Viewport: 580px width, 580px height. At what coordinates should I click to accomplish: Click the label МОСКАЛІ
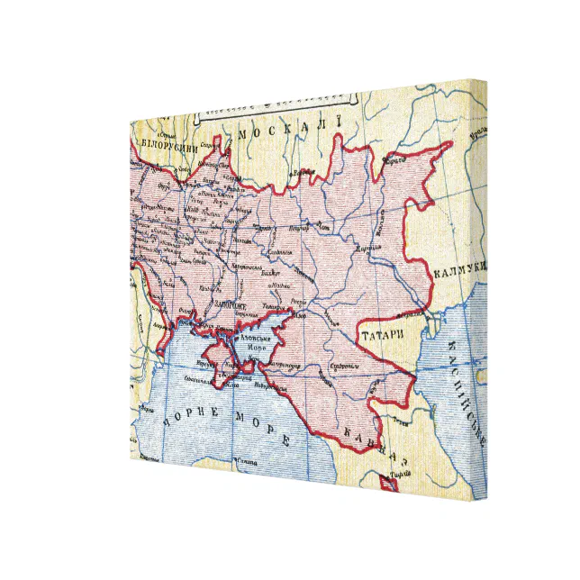tap(286, 127)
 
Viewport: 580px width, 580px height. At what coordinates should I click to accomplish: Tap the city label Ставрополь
tap(341, 367)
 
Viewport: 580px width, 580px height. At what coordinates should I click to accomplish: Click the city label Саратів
tap(391, 162)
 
